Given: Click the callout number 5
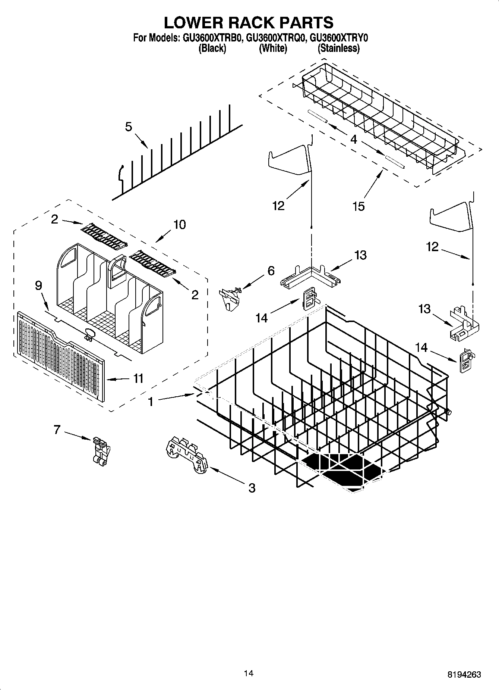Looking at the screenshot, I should [128, 127].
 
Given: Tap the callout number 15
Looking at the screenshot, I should [359, 206].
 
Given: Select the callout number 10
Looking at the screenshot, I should [179, 225].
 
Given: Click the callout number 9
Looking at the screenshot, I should [38, 285].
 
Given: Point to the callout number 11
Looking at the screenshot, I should [138, 378].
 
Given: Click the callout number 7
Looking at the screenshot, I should [57, 430].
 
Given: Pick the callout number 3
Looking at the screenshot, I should [252, 488].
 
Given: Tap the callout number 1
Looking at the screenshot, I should [151, 402].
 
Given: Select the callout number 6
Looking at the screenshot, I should [271, 271].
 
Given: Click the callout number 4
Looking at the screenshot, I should [354, 140].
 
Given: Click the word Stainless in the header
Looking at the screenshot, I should [339, 48].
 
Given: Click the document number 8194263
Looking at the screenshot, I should [464, 674].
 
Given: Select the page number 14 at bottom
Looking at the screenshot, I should [249, 673].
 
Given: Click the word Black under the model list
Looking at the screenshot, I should [212, 48].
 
